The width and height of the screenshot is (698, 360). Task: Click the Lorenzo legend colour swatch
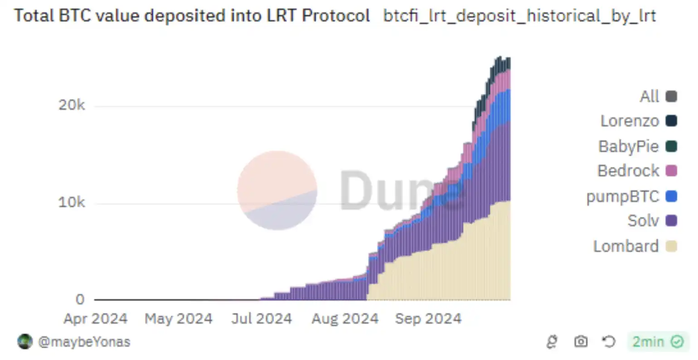tap(671, 121)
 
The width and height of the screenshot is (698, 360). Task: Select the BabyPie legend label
tap(628, 146)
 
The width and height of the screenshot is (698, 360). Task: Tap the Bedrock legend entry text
tap(628, 171)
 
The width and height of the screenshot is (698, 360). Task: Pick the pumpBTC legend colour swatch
tap(671, 196)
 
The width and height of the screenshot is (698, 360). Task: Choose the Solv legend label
tap(643, 221)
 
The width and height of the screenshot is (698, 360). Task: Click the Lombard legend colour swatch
tap(671, 246)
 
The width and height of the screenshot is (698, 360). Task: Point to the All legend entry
tap(649, 97)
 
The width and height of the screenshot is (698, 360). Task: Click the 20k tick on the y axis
tap(72, 105)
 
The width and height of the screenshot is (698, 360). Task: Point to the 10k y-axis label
tap(72, 202)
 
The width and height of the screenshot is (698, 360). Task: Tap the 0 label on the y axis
tap(80, 299)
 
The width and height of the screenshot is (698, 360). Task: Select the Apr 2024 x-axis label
tap(95, 319)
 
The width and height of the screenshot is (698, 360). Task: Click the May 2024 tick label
tap(179, 319)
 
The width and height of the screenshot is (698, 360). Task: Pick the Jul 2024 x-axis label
tap(262, 319)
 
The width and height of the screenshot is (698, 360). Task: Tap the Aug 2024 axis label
tap(345, 319)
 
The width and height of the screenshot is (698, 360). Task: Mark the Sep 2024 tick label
tap(428, 319)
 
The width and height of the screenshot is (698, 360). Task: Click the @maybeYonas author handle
tap(84, 342)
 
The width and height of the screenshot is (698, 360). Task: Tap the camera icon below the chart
tap(581, 341)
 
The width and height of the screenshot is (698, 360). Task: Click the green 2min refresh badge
tap(658, 341)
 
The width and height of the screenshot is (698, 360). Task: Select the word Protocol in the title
tap(336, 16)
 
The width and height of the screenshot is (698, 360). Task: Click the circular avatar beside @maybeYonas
tap(25, 341)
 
